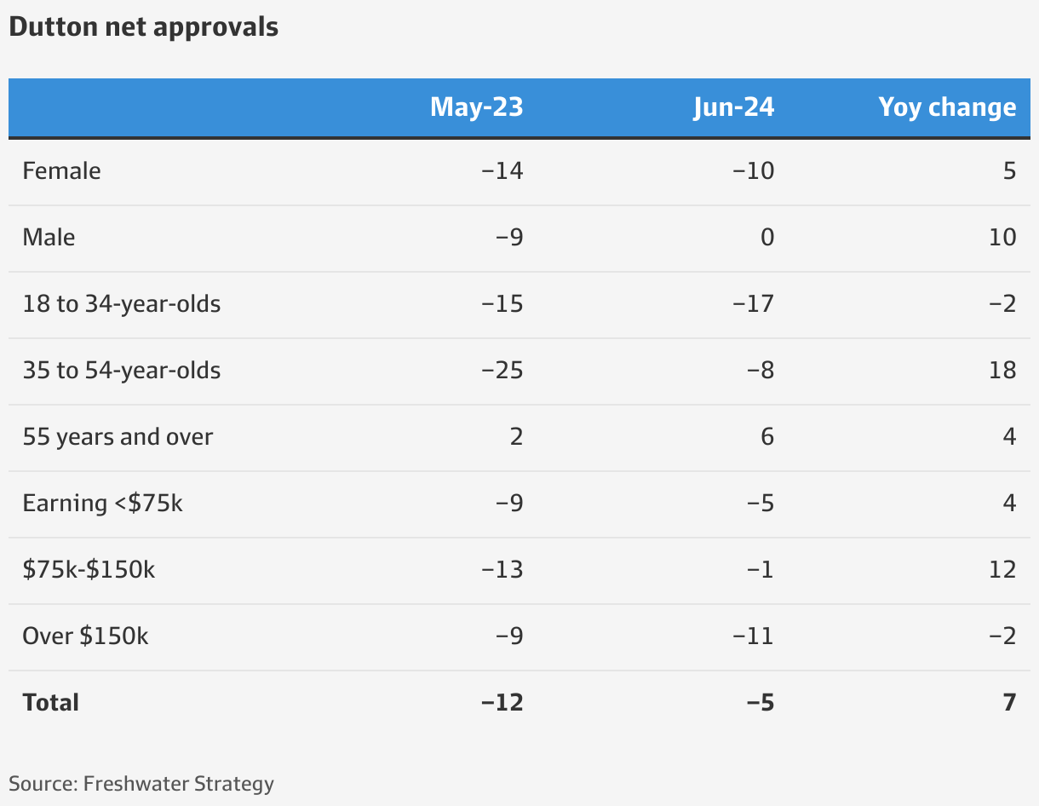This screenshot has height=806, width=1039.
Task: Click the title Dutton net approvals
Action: click(x=143, y=26)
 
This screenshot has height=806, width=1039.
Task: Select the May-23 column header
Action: click(x=476, y=107)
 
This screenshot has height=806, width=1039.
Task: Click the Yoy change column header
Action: click(x=947, y=107)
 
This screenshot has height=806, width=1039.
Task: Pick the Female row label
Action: click(x=61, y=171)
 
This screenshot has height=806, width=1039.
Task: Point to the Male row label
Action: click(x=49, y=237)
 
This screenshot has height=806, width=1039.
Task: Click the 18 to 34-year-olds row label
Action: click(x=122, y=304)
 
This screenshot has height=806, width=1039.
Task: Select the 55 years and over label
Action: click(x=118, y=437)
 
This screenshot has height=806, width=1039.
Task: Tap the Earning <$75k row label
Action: click(x=102, y=504)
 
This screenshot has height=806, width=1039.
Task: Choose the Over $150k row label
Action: click(x=85, y=636)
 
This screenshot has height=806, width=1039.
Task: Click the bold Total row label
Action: click(x=50, y=703)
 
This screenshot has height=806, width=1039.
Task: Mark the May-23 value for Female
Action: click(x=502, y=171)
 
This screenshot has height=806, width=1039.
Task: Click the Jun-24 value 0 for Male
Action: click(x=767, y=237)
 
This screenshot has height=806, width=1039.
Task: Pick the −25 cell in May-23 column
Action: click(x=502, y=371)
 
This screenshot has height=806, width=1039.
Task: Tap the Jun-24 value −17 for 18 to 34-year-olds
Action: click(x=755, y=304)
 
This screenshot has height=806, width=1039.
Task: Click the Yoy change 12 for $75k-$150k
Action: click(x=1002, y=570)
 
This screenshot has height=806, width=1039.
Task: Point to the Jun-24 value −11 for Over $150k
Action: click(x=755, y=636)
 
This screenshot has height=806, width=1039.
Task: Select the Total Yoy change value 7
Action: click(x=1009, y=703)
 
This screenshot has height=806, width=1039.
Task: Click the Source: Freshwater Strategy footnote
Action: click(x=141, y=784)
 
